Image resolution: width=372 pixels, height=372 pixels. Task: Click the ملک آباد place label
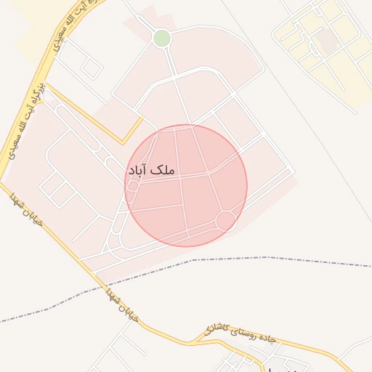(152, 170)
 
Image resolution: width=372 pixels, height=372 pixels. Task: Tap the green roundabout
(162, 38)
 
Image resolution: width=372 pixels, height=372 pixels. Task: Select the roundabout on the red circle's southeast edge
(225, 219)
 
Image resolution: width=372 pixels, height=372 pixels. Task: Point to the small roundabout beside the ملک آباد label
(133, 187)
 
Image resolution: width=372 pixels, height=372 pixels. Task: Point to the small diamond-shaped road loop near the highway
(91, 68)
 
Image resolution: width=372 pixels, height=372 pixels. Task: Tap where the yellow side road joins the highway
(46, 83)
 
